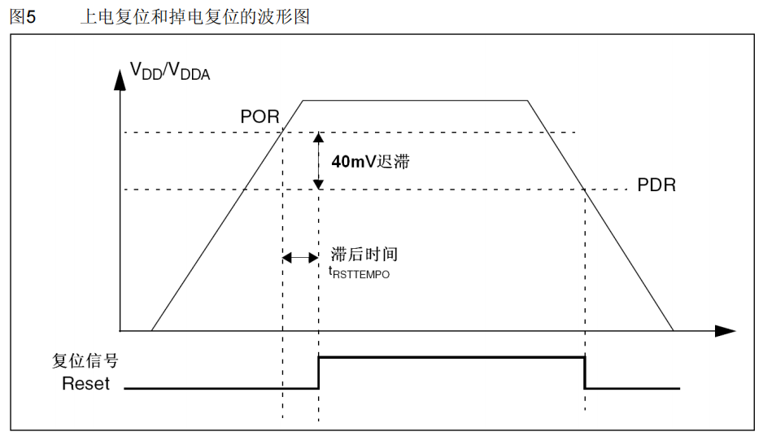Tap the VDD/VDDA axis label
click(171, 72)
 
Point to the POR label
click(259, 116)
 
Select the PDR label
click(656, 185)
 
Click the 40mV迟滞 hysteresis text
click(370, 161)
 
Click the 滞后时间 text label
click(364, 255)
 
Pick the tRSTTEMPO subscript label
click(359, 273)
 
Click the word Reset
click(85, 384)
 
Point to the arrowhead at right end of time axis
click(726, 331)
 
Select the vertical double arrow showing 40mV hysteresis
click(319, 161)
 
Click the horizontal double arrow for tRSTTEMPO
click(300, 257)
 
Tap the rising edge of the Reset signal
click(319, 373)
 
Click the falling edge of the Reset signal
click(585, 373)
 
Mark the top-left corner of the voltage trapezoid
click(303, 100)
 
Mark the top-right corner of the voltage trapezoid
click(528, 100)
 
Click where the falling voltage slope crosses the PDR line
click(585, 190)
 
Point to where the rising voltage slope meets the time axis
click(152, 331)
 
